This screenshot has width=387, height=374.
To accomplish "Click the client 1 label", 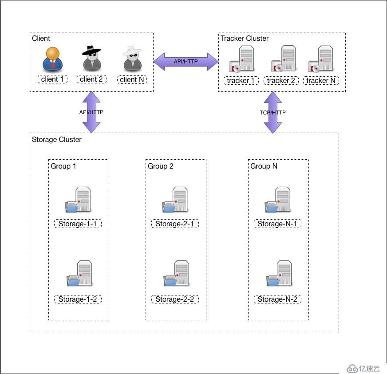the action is click(x=52, y=79).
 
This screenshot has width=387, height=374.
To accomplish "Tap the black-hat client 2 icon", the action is click(x=91, y=58).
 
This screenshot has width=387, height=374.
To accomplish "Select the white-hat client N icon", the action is click(x=132, y=59).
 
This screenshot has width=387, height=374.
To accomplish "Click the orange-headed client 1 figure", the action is click(x=52, y=59).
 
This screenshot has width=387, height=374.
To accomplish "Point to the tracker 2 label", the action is click(x=281, y=80).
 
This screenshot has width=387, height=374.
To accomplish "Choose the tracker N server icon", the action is click(x=320, y=59).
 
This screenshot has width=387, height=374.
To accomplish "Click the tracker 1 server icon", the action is click(x=241, y=59).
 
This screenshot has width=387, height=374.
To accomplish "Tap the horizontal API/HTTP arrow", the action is click(x=186, y=61).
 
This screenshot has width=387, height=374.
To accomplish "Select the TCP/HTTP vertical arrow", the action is click(x=273, y=112).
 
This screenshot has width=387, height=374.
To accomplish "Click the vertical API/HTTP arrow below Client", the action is click(x=91, y=112).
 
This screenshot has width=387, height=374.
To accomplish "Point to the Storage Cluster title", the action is click(x=57, y=140).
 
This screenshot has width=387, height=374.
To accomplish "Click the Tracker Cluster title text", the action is click(x=245, y=39).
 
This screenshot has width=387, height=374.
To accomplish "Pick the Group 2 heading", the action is click(x=160, y=166).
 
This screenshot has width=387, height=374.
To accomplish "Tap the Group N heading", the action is click(x=264, y=166).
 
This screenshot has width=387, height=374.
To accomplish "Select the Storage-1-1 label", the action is click(x=78, y=224).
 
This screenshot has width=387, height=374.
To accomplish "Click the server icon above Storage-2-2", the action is click(x=177, y=273).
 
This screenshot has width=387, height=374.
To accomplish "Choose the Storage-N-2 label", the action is click(x=277, y=299).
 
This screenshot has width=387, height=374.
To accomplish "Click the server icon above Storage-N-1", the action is click(x=278, y=200).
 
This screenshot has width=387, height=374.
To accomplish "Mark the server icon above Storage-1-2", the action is click(x=79, y=273).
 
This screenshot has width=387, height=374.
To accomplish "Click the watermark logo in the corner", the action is click(x=363, y=369).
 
